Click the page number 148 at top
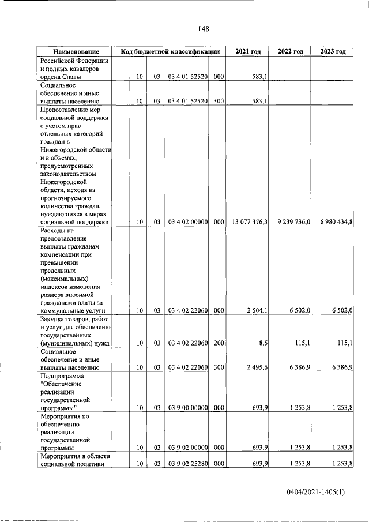[203, 29]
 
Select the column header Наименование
[73, 52]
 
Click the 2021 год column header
[248, 52]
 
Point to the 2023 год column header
[333, 52]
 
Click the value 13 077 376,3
[248, 221]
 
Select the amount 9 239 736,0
[291, 221]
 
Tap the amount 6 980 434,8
[333, 221]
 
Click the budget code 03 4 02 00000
[187, 221]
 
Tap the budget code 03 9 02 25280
[187, 464]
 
